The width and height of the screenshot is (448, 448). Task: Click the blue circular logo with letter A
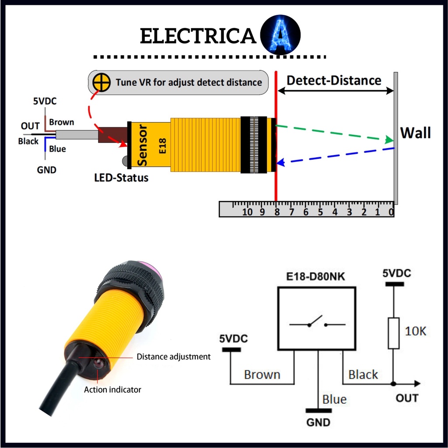click(x=280, y=36)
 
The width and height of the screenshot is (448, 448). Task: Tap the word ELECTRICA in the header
click(x=198, y=37)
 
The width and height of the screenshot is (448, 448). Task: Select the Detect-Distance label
click(x=334, y=80)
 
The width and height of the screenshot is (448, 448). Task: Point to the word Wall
click(x=416, y=133)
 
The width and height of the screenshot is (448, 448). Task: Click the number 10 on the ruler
click(x=247, y=212)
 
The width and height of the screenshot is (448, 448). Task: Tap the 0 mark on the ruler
click(x=391, y=212)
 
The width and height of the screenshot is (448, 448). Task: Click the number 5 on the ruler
click(x=320, y=212)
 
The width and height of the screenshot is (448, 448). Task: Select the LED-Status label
click(x=121, y=178)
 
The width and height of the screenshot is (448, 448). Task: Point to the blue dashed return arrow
click(x=337, y=155)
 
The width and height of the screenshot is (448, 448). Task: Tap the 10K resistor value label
click(x=415, y=331)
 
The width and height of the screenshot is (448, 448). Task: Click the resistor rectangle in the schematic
click(x=393, y=333)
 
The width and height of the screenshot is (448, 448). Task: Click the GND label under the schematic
click(x=318, y=423)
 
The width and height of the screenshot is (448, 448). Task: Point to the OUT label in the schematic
click(x=407, y=398)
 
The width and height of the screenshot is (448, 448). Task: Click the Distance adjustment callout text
click(x=173, y=357)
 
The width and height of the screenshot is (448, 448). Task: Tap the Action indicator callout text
click(x=112, y=389)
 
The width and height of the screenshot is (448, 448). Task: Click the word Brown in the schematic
click(x=262, y=375)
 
